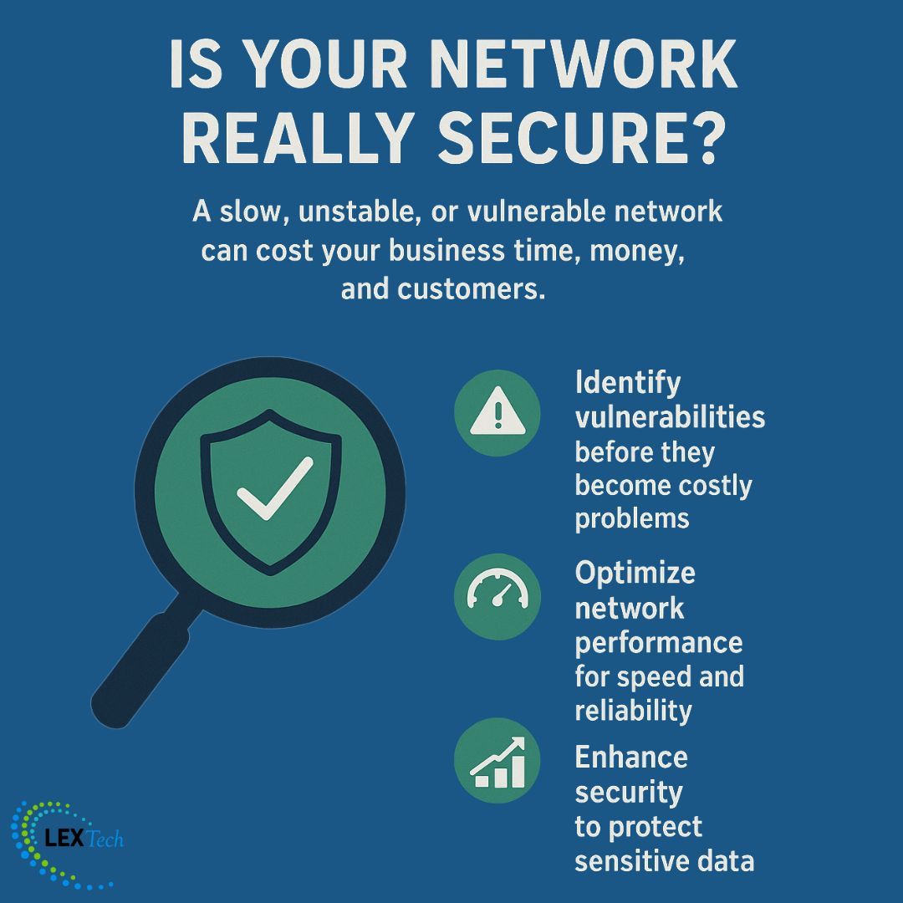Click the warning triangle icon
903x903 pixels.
click(497, 413)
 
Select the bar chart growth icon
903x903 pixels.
click(497, 762)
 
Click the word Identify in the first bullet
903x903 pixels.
click(628, 384)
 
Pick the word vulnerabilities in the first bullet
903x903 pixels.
click(670, 417)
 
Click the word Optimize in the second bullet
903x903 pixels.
click(635, 573)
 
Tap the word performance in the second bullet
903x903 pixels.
click(658, 642)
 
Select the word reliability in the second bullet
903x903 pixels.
click(633, 710)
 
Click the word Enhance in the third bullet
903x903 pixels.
click(631, 758)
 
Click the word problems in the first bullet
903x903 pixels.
click(631, 518)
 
